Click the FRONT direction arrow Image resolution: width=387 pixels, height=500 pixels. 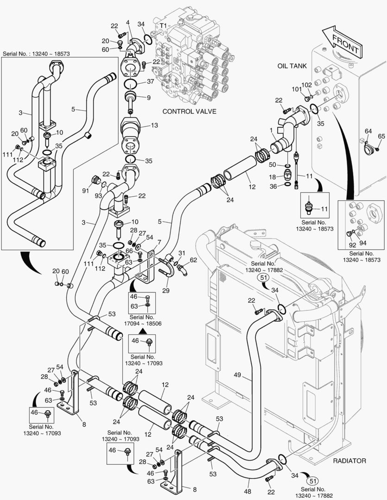point(343,43)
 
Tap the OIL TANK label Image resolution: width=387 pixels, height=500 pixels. point(292,66)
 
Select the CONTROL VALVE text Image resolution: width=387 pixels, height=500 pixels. point(190,111)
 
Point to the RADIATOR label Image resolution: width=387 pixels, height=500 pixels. point(349,461)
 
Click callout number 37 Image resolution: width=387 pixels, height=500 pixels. point(150,81)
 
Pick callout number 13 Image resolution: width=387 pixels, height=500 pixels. point(154,125)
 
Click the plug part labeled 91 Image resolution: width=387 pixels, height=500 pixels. point(95,180)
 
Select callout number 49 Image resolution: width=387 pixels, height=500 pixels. point(237,375)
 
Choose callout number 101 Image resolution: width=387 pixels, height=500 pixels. point(296,89)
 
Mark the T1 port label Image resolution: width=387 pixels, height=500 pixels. point(163,25)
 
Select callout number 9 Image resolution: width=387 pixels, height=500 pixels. point(148,98)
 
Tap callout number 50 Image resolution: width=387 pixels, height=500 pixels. point(273,164)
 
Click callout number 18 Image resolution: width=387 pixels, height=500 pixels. point(273,177)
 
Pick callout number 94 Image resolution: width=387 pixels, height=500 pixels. point(363,243)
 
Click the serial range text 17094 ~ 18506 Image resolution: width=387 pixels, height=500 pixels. point(143,324)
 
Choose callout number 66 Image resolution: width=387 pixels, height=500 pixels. point(129,251)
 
